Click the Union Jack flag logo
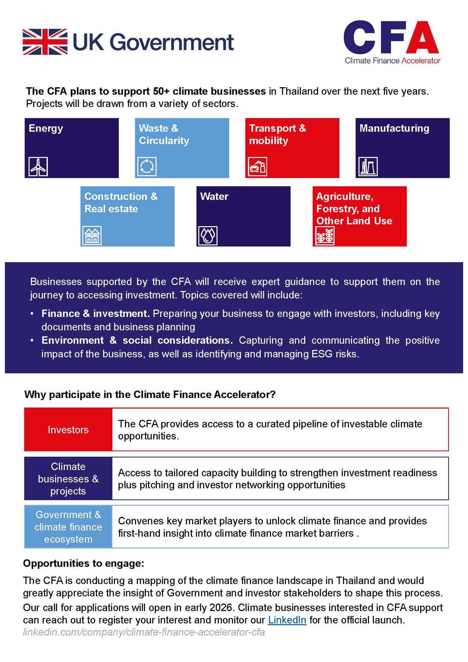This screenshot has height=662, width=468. point(45,42)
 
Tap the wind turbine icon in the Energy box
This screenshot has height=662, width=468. point(38,166)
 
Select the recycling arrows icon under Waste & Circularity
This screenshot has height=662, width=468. point(147,166)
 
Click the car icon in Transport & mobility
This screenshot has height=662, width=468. point(257,167)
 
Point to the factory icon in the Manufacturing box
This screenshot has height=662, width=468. point(368,166)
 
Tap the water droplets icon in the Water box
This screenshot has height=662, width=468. point(207,235)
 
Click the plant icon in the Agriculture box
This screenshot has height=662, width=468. point(325,235)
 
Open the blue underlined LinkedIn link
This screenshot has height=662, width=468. point(287,620)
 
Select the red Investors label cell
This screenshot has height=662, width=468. point(68,430)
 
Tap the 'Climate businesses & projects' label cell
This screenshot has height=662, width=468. point(68,479)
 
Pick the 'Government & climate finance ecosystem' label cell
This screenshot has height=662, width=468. point(68,527)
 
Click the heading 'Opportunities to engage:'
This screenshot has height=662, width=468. point(83,563)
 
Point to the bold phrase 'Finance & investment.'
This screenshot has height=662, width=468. point(95,314)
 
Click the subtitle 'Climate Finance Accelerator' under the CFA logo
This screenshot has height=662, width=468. point(392,60)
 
